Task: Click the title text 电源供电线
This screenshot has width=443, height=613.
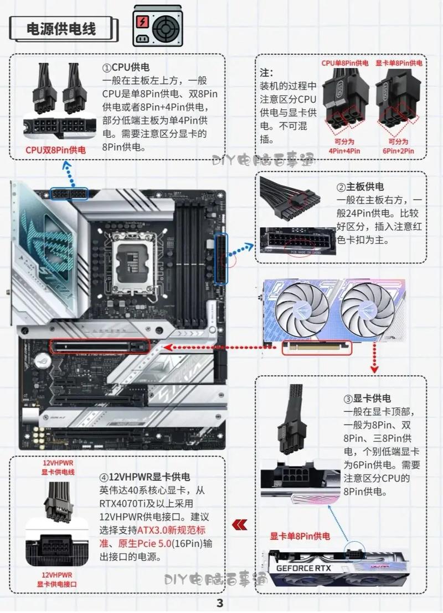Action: (x=61, y=29)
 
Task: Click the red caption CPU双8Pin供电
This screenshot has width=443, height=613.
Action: (x=55, y=150)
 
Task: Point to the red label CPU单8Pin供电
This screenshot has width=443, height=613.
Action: (x=345, y=63)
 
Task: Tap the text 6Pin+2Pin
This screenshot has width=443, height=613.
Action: (x=398, y=150)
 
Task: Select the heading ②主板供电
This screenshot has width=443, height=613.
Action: (x=360, y=187)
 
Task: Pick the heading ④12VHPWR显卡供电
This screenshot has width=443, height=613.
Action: (x=145, y=476)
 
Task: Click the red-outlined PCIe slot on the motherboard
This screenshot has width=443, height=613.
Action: (x=100, y=347)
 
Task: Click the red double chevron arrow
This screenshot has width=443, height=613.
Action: (x=239, y=523)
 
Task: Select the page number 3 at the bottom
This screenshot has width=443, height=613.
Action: (x=220, y=602)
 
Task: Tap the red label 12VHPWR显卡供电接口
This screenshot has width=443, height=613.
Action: (x=58, y=579)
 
